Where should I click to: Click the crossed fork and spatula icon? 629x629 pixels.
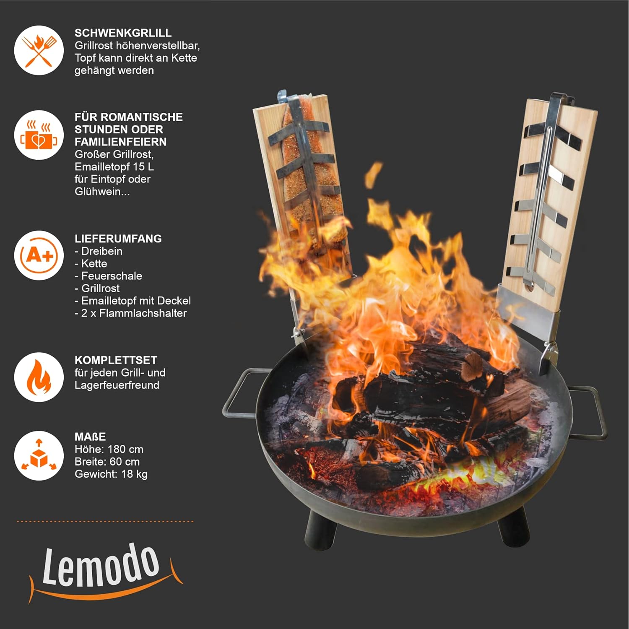tap(39, 50)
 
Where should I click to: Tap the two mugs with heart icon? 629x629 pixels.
tap(39, 135)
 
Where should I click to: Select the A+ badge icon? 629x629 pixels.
tap(39, 255)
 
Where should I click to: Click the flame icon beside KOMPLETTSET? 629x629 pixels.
tap(39, 377)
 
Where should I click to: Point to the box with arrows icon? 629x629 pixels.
tap(39, 455)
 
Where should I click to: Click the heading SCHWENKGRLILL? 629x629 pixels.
tap(123, 33)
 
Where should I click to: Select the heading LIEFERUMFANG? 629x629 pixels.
tap(118, 239)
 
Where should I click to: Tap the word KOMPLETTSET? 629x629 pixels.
tap(116, 360)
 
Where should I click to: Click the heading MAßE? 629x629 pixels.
tap(90, 437)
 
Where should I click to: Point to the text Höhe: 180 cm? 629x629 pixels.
tap(109, 450)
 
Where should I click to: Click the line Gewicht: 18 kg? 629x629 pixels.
tap(111, 474)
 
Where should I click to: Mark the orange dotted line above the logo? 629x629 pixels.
tap(105, 521)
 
